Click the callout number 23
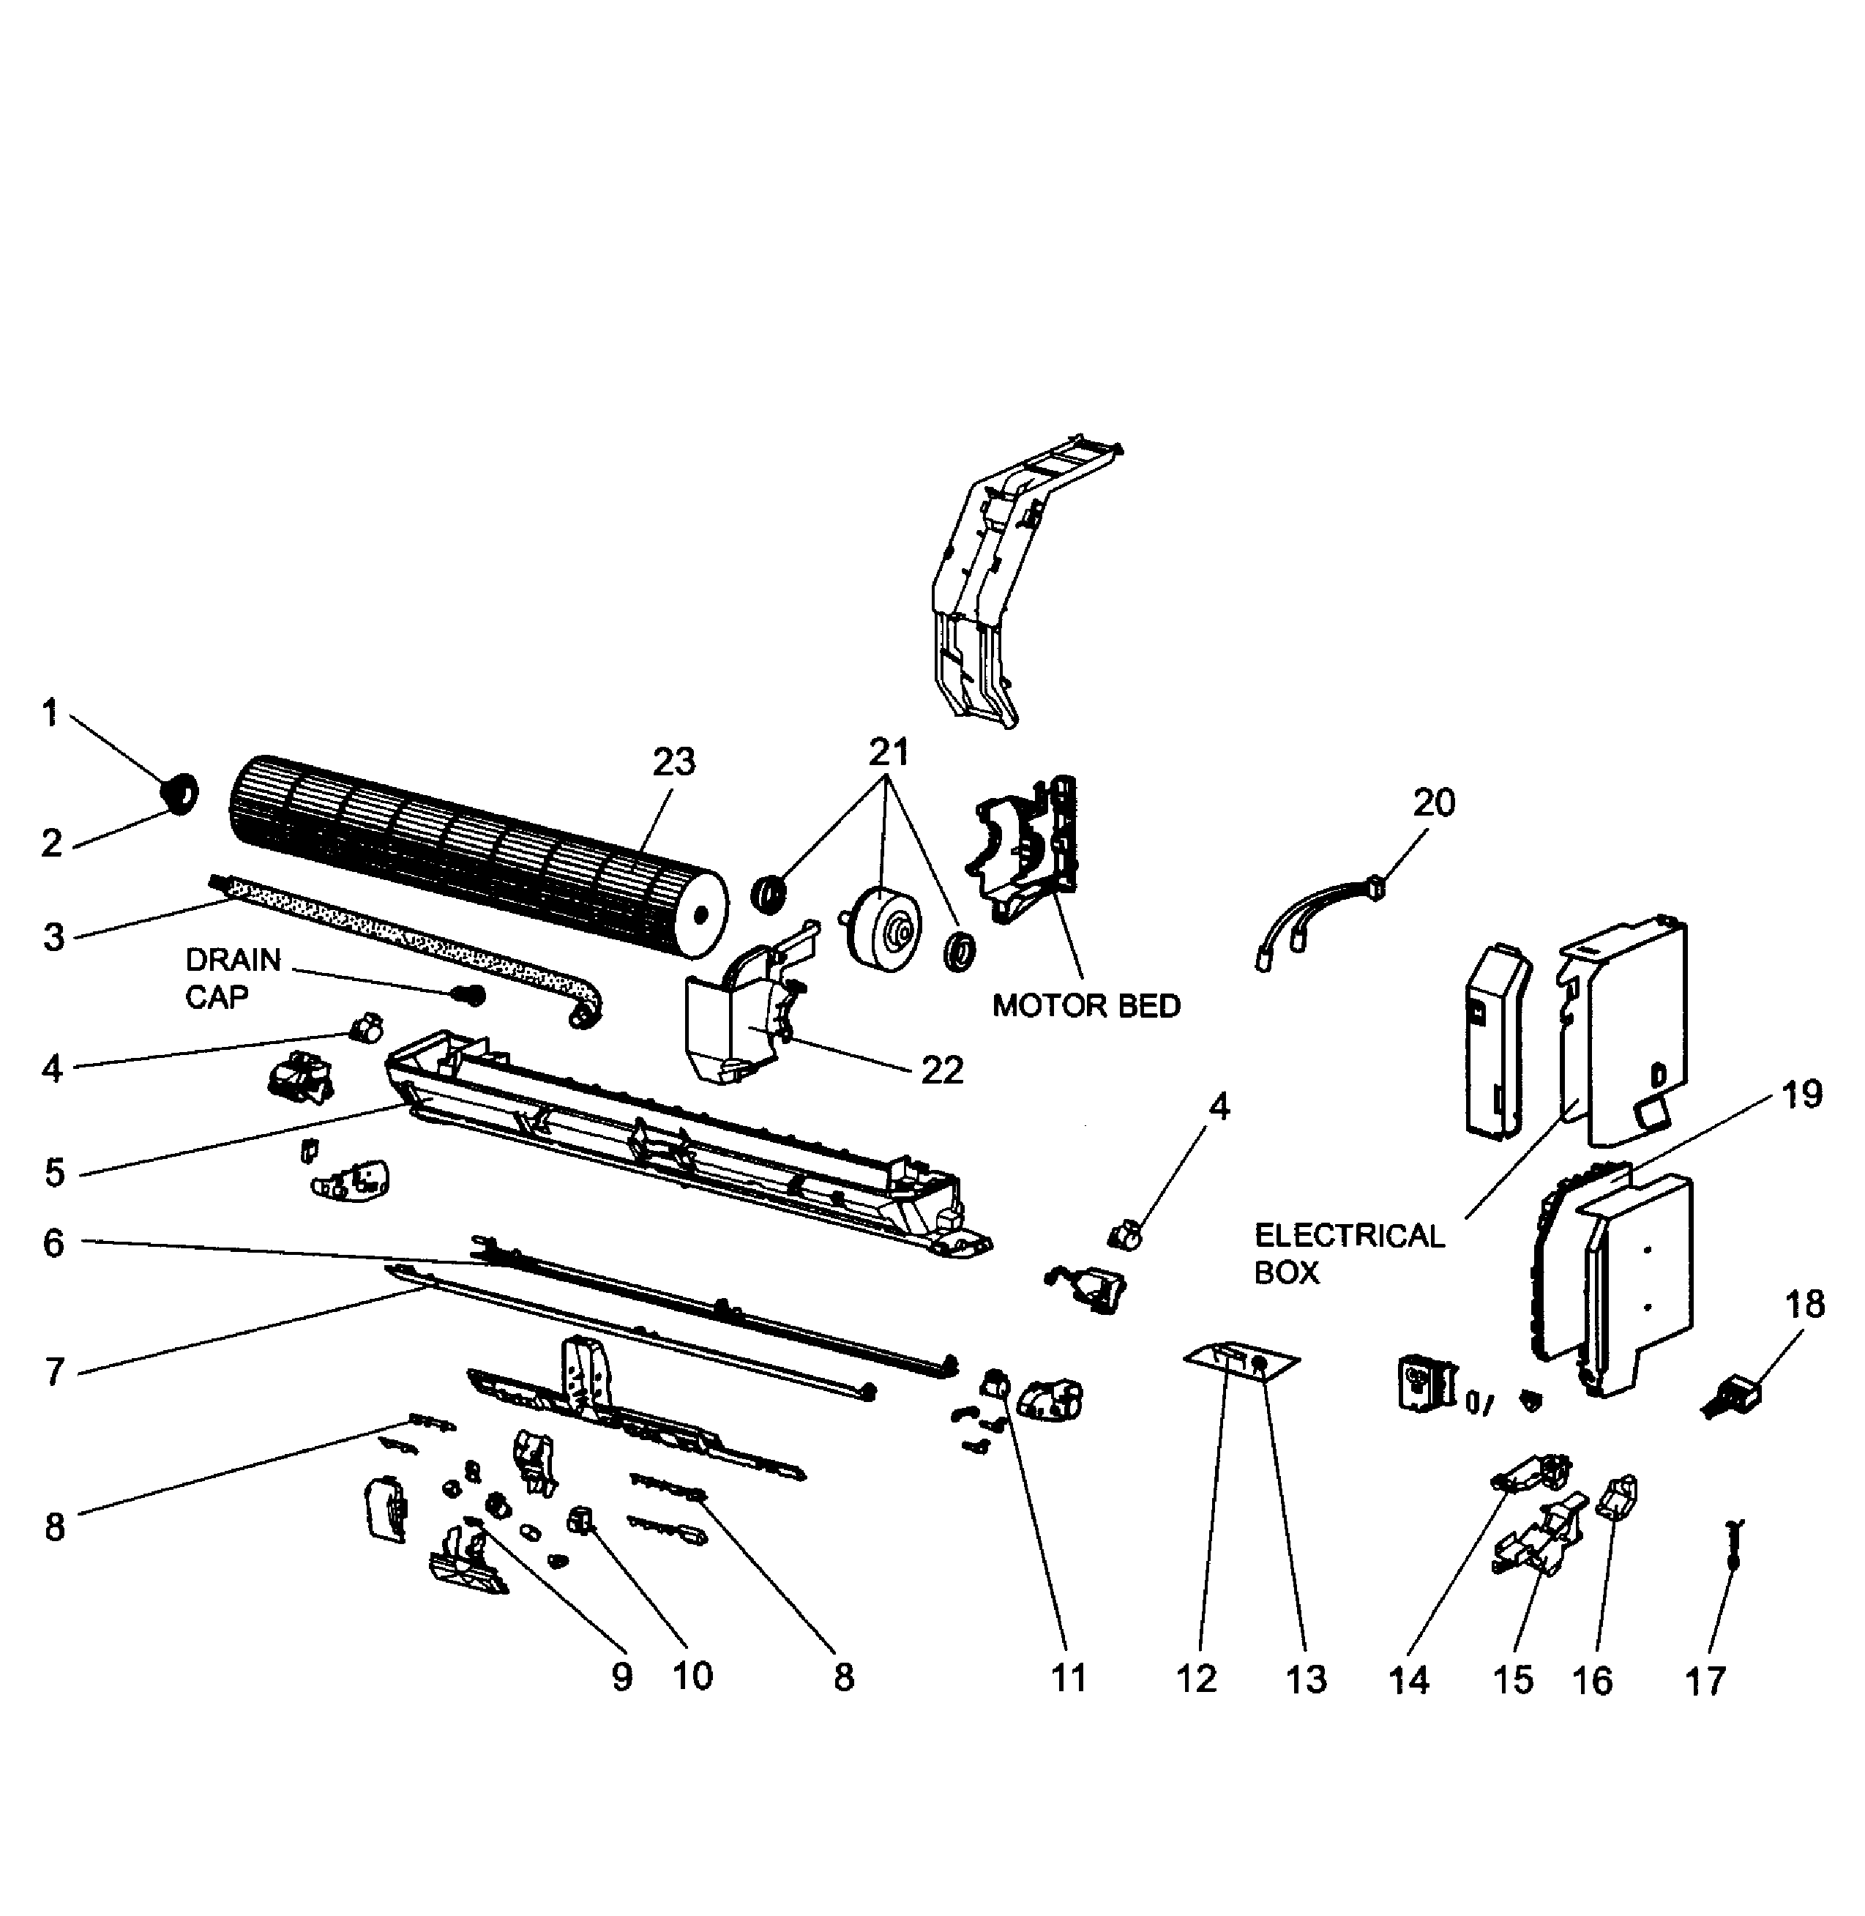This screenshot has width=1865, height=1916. coord(674,761)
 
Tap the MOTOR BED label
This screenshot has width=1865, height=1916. coord(1085,1006)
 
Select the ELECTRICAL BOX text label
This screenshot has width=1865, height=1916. coord(1349,1254)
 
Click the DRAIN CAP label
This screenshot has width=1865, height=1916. coord(232,977)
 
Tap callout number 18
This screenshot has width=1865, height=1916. coord(1804,1305)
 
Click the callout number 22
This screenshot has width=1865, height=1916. coord(942,1070)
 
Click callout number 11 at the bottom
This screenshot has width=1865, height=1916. coord(1069,1678)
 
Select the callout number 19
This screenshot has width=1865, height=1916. coord(1801,1094)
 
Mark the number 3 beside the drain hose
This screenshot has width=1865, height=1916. coord(54,936)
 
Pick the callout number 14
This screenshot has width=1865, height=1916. coord(1408,1681)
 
